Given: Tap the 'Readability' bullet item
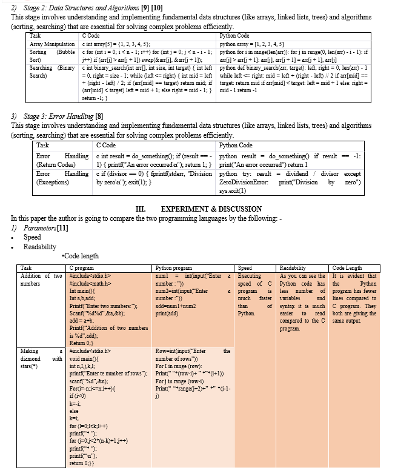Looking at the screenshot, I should pyautogui.click(x=39, y=247).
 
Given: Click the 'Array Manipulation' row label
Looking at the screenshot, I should pyautogui.click(x=52, y=44).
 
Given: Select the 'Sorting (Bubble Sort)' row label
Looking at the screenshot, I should pyautogui.click(x=52, y=56).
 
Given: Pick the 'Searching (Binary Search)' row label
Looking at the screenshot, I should pyautogui.click(x=52, y=71).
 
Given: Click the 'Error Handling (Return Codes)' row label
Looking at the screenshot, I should pyautogui.click(x=62, y=160).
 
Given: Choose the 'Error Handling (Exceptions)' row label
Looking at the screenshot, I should pyautogui.click(x=62, y=178).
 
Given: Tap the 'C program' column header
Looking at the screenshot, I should pyautogui.click(x=82, y=268).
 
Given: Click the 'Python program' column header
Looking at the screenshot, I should pyautogui.click(x=174, y=268).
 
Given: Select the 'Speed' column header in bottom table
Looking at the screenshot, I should pyautogui.click(x=245, y=268).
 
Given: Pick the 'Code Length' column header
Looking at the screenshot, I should pyautogui.click(x=348, y=268).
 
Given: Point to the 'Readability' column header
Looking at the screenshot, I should pyautogui.click(x=293, y=268).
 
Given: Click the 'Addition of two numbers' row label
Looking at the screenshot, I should pyautogui.click(x=41, y=280).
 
